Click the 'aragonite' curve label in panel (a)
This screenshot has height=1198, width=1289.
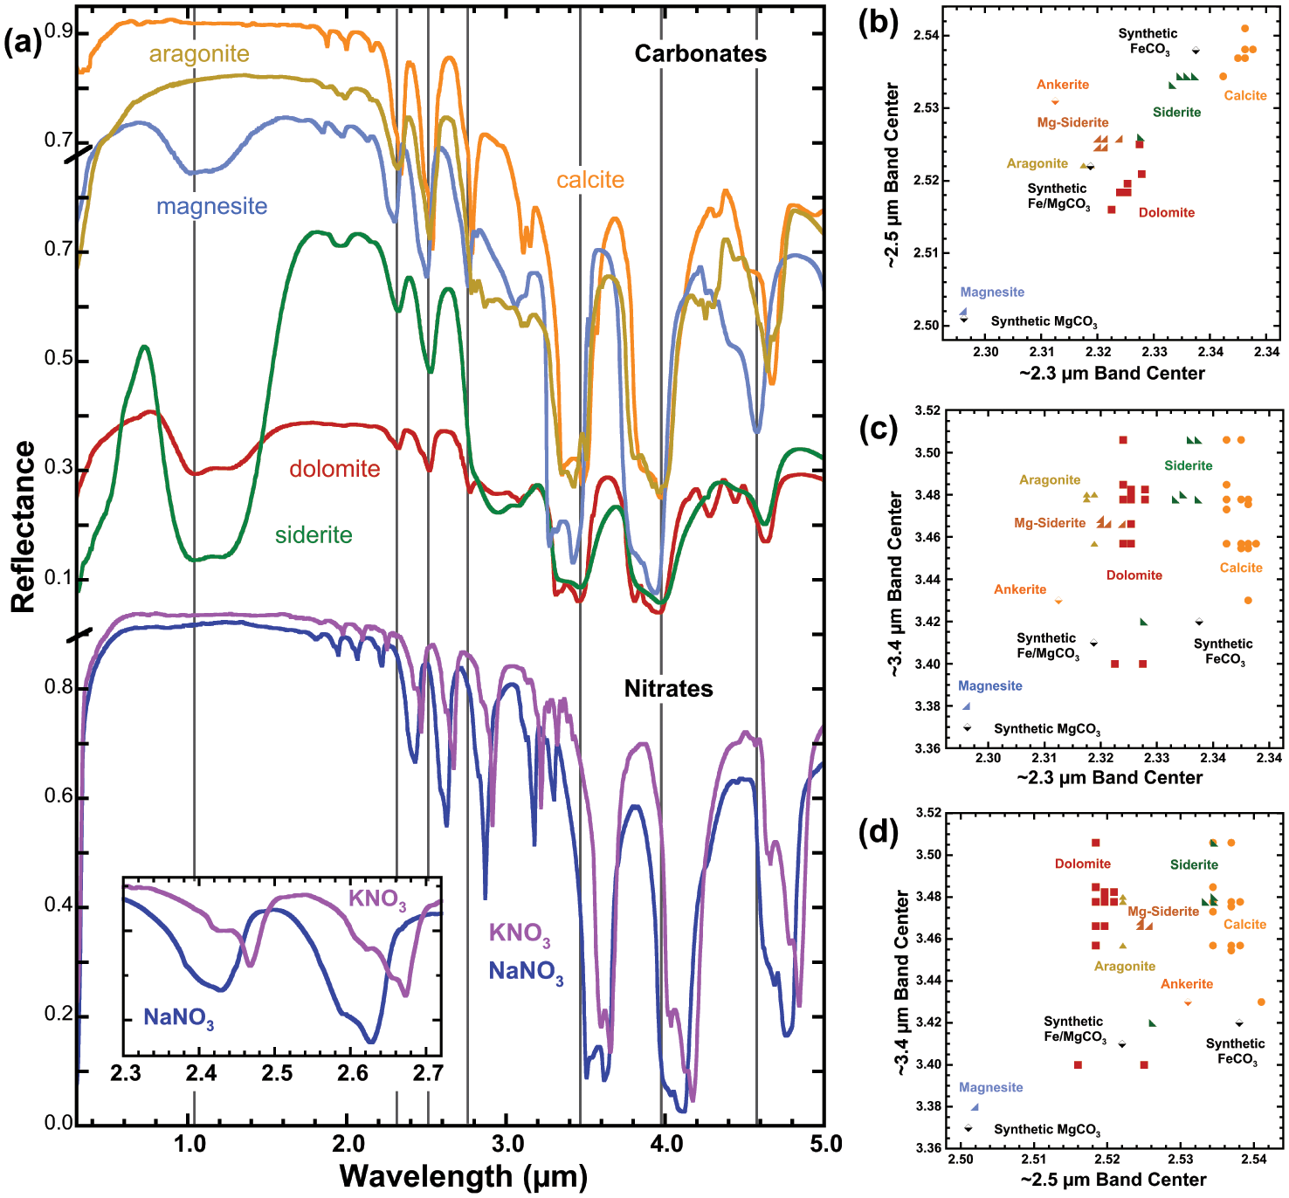coord(199,54)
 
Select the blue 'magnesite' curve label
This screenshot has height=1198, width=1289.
coord(211,206)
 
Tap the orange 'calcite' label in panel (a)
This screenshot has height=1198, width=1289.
coord(590,180)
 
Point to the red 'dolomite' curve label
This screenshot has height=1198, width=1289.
coord(334,469)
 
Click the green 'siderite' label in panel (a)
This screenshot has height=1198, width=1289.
coord(314,534)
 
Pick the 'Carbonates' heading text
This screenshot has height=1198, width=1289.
coord(700,54)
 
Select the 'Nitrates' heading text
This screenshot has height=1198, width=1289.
coord(668,689)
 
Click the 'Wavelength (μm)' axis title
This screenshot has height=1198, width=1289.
coord(463,1176)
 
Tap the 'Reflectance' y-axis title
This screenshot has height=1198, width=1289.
coord(24,527)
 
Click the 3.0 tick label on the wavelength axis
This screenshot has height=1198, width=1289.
coord(507,1144)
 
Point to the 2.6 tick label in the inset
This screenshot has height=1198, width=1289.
coord(353,1073)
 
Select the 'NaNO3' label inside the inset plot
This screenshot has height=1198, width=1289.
coord(178,1018)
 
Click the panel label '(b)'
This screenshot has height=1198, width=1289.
coord(878,22)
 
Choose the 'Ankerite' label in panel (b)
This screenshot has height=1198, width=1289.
coord(1062,85)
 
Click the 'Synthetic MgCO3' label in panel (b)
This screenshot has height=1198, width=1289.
coord(1044,322)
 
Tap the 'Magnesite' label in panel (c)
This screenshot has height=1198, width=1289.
coord(989,686)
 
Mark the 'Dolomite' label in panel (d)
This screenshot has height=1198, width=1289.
coord(1082,864)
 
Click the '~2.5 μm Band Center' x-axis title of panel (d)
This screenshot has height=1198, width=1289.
coord(1113,1180)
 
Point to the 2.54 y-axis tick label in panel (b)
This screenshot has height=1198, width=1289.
coord(927,36)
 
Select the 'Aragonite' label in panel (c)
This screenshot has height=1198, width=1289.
coord(1049,480)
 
